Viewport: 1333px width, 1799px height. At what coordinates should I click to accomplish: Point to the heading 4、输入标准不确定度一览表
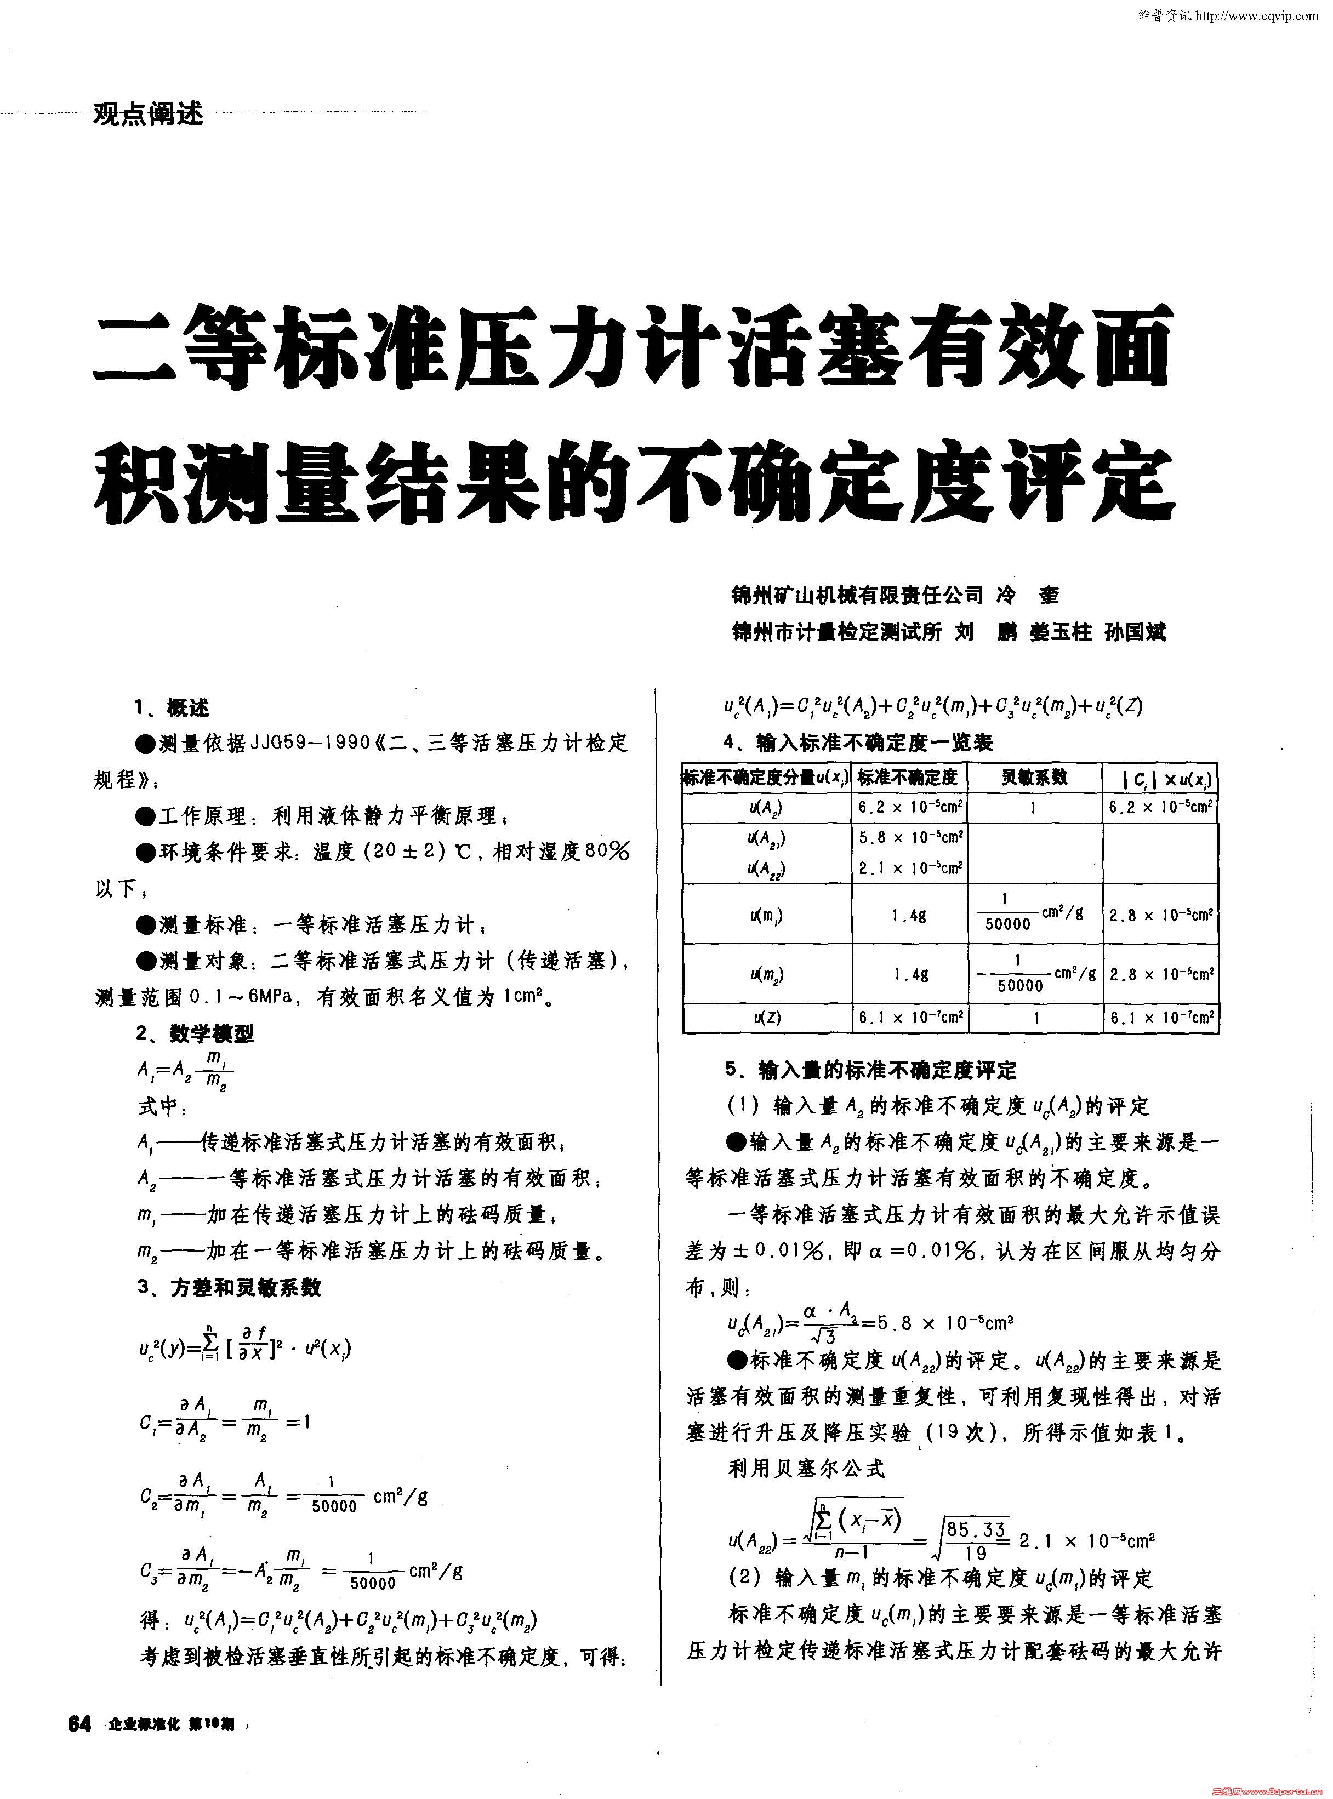pos(858,742)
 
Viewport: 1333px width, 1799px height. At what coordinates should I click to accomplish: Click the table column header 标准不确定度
pos(907,778)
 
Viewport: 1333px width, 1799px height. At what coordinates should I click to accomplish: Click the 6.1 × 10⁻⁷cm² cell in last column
pos(1161,1018)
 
